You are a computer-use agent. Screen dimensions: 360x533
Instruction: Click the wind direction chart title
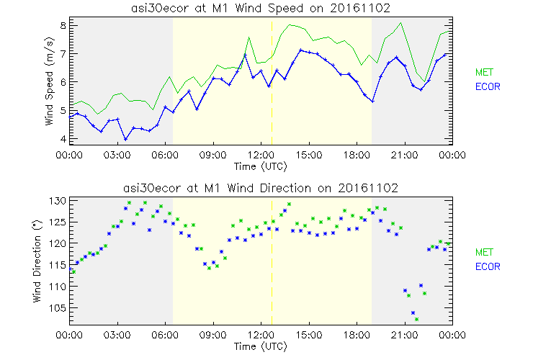(x=261, y=188)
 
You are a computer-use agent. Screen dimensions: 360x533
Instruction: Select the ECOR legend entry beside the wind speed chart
(x=487, y=86)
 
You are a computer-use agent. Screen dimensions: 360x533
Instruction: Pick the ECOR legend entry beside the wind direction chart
(x=487, y=266)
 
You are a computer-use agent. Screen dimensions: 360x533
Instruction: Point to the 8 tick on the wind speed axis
(x=63, y=25)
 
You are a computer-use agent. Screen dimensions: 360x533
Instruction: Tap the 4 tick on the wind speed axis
(x=63, y=138)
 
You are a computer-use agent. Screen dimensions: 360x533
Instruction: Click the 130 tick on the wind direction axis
(x=58, y=201)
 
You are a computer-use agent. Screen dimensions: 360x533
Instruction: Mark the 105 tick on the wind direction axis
(x=58, y=308)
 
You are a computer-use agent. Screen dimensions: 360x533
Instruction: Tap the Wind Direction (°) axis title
(x=50, y=261)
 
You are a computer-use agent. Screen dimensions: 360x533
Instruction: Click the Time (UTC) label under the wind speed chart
(x=261, y=166)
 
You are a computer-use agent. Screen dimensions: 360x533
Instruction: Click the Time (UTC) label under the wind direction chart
(x=261, y=346)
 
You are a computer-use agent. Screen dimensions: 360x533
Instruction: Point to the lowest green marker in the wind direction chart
(x=416, y=319)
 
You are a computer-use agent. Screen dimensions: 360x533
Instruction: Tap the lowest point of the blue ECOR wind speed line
(x=125, y=139)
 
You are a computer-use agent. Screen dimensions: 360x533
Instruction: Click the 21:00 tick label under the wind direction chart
(x=404, y=335)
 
